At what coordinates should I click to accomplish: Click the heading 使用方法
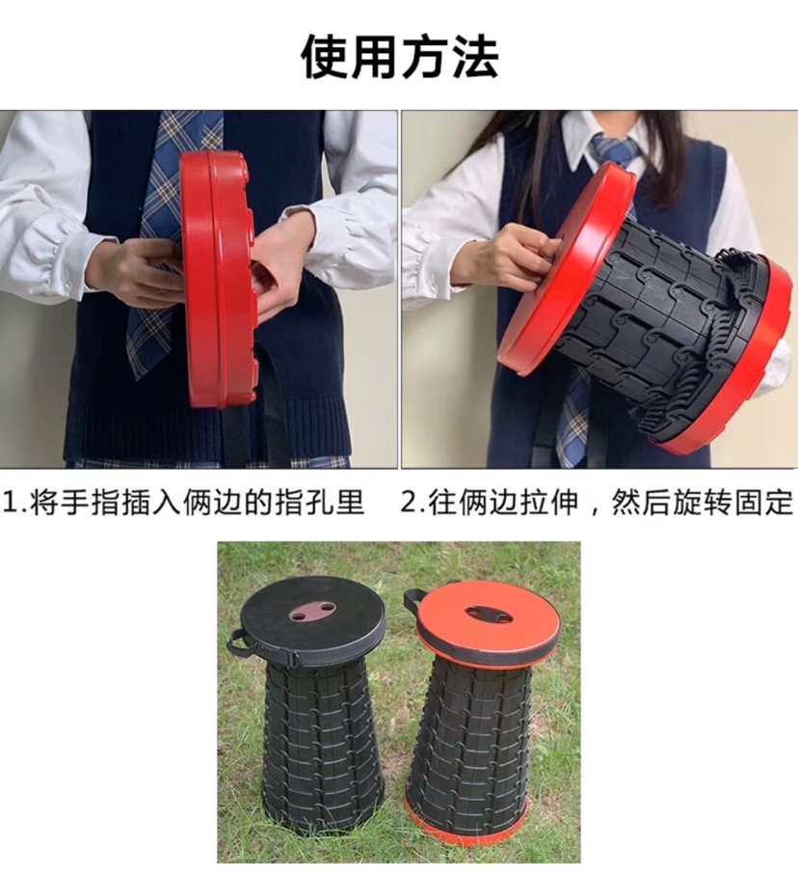399,58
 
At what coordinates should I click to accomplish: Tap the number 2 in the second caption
409,504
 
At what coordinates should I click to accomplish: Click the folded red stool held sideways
219,278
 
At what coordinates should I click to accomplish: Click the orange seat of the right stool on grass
487,620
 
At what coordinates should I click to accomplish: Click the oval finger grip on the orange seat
489,614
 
